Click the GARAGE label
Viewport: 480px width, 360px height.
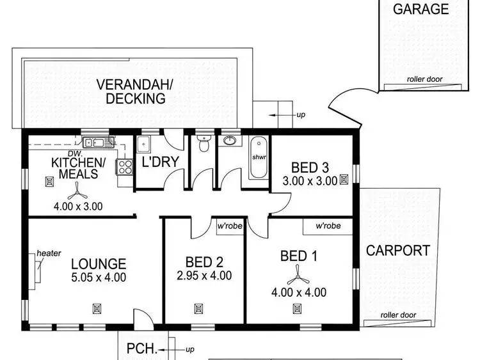click(420, 9)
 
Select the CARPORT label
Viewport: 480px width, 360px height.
click(397, 250)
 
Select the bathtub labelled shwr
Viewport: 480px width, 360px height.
click(259, 157)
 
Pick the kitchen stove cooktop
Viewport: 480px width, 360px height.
click(123, 166)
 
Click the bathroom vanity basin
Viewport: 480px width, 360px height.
click(228, 141)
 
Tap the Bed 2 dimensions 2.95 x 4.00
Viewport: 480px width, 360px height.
click(204, 276)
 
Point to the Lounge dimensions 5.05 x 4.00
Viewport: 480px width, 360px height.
click(98, 278)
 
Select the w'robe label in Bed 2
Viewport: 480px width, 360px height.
click(229, 226)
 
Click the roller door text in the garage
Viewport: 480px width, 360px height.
click(424, 80)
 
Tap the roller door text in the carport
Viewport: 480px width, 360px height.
click(398, 315)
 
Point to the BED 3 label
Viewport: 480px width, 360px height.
click(309, 168)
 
